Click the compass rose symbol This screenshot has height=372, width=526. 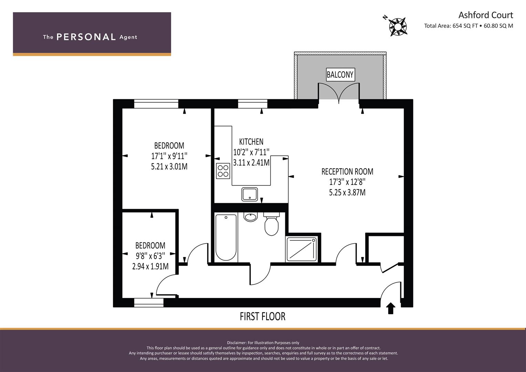(398, 27)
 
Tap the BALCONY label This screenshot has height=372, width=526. (340, 75)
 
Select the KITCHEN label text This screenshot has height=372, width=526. (251, 142)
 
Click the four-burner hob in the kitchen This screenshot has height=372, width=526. (223, 171)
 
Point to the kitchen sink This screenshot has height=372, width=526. (249, 194)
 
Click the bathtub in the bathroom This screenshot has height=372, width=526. (226, 237)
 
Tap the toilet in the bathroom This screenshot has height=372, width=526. (271, 224)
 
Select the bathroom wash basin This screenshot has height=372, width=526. (250, 217)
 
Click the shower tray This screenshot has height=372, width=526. (301, 249)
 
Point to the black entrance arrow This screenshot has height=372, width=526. (391, 308)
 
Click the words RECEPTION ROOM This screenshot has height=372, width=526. (347, 172)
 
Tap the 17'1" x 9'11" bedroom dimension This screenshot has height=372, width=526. (169, 156)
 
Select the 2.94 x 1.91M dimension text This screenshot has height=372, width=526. (150, 266)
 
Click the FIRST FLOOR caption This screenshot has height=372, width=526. (262, 317)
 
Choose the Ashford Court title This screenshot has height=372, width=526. (486, 15)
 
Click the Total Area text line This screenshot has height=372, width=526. (468, 26)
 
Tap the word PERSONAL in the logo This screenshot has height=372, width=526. (86, 37)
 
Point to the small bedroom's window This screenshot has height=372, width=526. (149, 302)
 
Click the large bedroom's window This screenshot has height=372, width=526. (156, 104)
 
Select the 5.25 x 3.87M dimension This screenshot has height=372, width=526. (347, 193)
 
